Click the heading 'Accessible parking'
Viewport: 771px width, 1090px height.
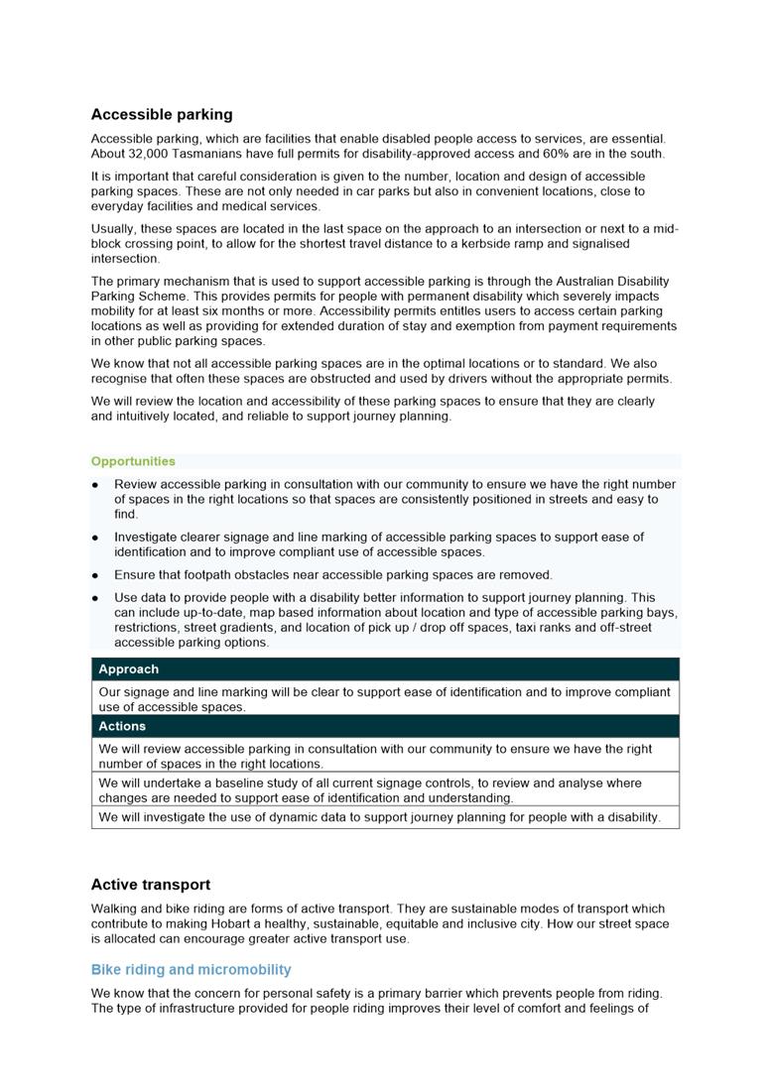(162, 114)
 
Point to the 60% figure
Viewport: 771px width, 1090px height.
(560, 154)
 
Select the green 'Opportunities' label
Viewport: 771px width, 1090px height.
(133, 461)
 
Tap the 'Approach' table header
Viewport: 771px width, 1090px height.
(128, 669)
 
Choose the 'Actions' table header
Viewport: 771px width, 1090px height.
(122, 726)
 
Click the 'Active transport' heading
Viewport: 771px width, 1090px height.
(151, 885)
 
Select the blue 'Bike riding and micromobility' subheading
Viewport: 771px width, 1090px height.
(191, 970)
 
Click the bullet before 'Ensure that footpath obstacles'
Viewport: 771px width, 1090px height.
(95, 575)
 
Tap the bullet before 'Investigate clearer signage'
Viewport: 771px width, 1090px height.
(95, 538)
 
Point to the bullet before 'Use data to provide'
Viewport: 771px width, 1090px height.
(95, 598)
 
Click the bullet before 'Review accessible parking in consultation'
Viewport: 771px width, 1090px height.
(95, 485)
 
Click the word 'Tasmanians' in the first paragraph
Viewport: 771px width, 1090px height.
(219, 154)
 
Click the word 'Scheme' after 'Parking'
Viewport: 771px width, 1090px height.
(166, 297)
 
